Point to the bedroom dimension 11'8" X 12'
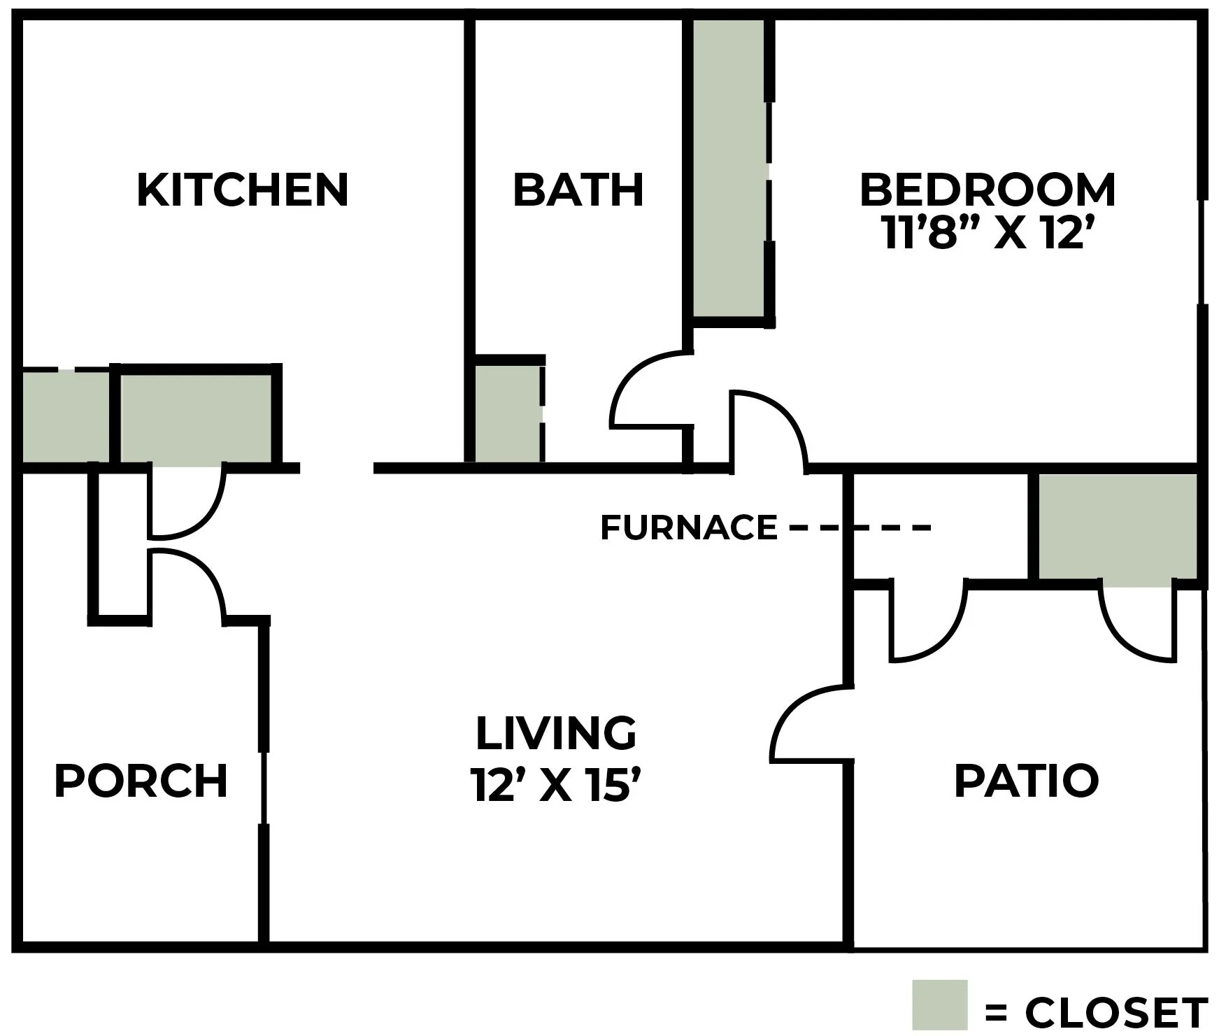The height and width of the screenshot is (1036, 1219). coord(988,233)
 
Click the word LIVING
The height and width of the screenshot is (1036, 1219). coord(556,732)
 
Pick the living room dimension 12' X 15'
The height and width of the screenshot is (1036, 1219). coord(556,783)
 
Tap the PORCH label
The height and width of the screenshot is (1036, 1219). coord(141,781)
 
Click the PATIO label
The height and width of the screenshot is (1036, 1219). coord(1027,781)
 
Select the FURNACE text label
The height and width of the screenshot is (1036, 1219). coord(689,527)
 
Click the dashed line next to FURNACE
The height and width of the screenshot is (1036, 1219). coord(860,527)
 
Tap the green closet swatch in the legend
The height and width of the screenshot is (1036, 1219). coord(939,1005)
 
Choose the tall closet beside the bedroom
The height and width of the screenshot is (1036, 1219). coord(729,168)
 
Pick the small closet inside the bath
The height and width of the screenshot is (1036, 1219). coord(508,413)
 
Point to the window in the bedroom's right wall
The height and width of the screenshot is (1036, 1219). coord(1202,252)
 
